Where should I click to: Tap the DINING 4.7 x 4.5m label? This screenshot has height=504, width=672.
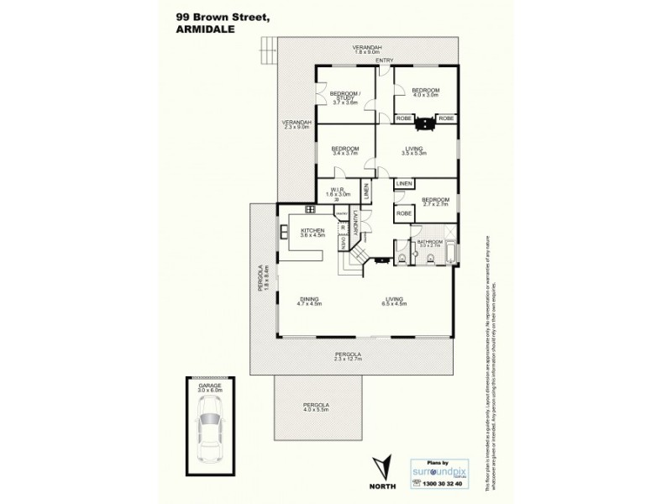pos(311,301)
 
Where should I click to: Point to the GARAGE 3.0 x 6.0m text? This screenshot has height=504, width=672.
pos(210,388)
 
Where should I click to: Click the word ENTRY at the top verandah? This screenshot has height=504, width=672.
pos(385,60)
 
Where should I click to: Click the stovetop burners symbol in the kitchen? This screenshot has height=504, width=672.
pos(310,209)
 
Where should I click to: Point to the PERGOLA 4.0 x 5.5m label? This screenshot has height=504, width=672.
pos(316,408)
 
